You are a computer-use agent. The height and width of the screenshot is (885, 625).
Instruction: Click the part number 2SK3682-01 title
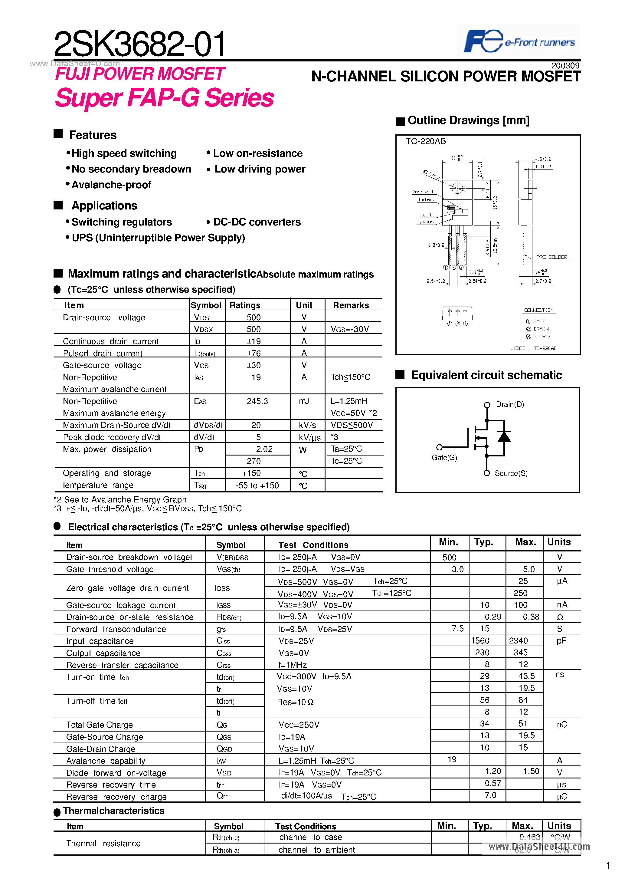tap(139, 44)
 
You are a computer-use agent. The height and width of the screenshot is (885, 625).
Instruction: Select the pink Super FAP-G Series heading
tap(164, 98)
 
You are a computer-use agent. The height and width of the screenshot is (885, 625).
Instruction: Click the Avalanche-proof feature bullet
tap(111, 185)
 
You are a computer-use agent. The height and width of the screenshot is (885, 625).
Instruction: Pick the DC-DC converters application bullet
tap(257, 222)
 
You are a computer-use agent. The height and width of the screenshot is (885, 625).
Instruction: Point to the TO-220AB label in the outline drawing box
tap(425, 141)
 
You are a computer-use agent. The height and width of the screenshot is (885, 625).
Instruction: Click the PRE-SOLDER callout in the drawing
tap(551, 257)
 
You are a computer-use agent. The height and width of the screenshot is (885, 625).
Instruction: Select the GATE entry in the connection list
tap(539, 321)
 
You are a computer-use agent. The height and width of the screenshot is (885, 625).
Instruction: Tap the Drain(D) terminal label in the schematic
tap(510, 404)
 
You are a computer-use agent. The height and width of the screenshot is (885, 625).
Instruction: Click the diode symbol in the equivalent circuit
tap(504, 437)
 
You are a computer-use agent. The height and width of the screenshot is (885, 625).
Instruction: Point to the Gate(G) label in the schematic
tap(444, 458)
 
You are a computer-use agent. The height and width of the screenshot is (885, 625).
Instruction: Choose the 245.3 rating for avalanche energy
tap(257, 401)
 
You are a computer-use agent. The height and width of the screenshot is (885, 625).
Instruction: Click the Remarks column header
tap(351, 305)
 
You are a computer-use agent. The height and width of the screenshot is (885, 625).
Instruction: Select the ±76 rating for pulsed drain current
tap(254, 353)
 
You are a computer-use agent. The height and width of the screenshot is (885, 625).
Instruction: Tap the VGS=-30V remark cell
tap(349, 329)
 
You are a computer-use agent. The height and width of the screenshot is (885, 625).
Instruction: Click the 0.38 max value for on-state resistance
tap(531, 617)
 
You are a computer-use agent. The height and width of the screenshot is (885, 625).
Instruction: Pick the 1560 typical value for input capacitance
tap(480, 641)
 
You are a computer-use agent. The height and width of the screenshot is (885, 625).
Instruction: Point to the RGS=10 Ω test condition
tap(295, 702)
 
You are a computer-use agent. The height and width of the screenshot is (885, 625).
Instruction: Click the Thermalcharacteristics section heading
tap(113, 811)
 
